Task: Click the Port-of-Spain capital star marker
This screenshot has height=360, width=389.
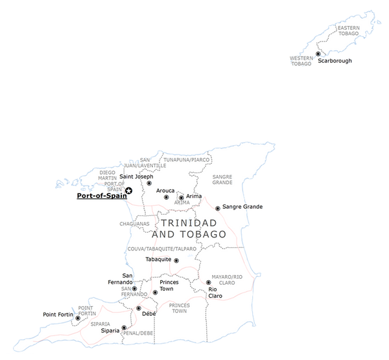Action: point(128,190)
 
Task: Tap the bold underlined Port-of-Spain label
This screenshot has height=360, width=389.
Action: point(100,193)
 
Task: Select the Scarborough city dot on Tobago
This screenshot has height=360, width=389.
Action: point(318,54)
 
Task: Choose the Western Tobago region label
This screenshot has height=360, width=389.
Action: point(301,61)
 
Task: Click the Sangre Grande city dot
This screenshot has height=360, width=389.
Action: point(217,208)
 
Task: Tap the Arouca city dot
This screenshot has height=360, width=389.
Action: point(166,197)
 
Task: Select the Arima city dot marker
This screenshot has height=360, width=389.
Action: point(181,197)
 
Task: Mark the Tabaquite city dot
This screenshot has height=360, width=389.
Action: point(176,260)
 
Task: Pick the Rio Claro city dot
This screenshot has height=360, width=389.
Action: point(208,282)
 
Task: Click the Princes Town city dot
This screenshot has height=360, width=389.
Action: point(154,292)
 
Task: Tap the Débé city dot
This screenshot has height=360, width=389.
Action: point(138,308)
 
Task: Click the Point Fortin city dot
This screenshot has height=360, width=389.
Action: point(78,318)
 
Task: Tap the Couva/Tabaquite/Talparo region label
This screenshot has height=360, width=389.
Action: point(162,248)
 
